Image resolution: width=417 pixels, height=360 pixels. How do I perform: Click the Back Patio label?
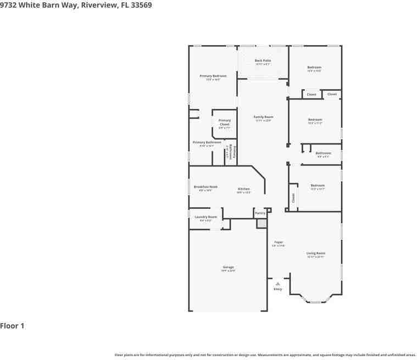click(263, 60)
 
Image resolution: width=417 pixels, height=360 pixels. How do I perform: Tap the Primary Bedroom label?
click(213, 76)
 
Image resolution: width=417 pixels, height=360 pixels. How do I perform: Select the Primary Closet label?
click(225, 122)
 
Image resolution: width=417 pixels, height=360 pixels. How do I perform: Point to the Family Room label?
click(263, 117)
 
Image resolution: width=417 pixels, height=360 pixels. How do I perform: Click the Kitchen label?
click(243, 189)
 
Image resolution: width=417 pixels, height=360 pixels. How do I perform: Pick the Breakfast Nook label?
click(205, 187)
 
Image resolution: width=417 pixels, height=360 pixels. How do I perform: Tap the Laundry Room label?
click(205, 217)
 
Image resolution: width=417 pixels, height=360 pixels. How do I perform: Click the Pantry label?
click(260, 213)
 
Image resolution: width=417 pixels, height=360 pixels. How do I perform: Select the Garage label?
click(228, 267)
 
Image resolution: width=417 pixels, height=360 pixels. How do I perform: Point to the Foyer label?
click(279, 242)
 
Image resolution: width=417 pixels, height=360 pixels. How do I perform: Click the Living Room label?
click(315, 253)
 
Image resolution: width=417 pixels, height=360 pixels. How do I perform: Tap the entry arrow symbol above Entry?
click(277, 284)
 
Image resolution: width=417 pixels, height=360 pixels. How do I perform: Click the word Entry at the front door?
click(277, 289)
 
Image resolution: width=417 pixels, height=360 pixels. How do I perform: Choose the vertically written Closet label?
click(293, 198)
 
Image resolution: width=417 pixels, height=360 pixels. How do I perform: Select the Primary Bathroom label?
click(207, 142)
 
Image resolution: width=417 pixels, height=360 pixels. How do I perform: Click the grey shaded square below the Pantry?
click(262, 223)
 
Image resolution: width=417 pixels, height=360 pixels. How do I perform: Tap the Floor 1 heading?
click(12, 326)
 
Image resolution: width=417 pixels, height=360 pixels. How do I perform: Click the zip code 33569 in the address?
click(140, 5)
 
